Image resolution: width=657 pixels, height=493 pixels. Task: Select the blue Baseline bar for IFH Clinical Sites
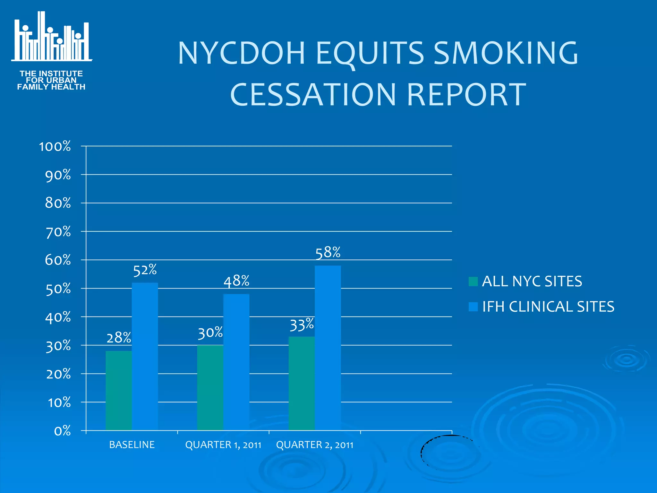[145, 356]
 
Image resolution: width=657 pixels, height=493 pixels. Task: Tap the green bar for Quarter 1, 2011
[210, 388]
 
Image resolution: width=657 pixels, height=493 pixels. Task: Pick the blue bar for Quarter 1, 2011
[236, 362]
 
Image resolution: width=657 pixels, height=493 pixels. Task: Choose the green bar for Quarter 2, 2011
[302, 383]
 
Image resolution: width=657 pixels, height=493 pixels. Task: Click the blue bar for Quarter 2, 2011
[328, 348]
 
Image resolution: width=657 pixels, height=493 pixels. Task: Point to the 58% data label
[328, 253]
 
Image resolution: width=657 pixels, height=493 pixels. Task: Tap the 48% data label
[236, 281]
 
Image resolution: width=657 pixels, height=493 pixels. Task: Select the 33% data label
[302, 325]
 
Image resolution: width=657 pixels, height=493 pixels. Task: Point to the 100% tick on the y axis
[55, 147]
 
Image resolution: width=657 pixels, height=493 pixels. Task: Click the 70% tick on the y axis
[58, 232]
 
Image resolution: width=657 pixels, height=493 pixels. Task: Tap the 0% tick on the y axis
[62, 431]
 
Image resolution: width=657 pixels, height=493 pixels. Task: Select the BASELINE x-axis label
[132, 445]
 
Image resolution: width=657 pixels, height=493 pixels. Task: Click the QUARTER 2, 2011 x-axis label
[315, 445]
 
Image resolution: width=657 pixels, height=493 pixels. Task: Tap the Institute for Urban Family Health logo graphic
[51, 37]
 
